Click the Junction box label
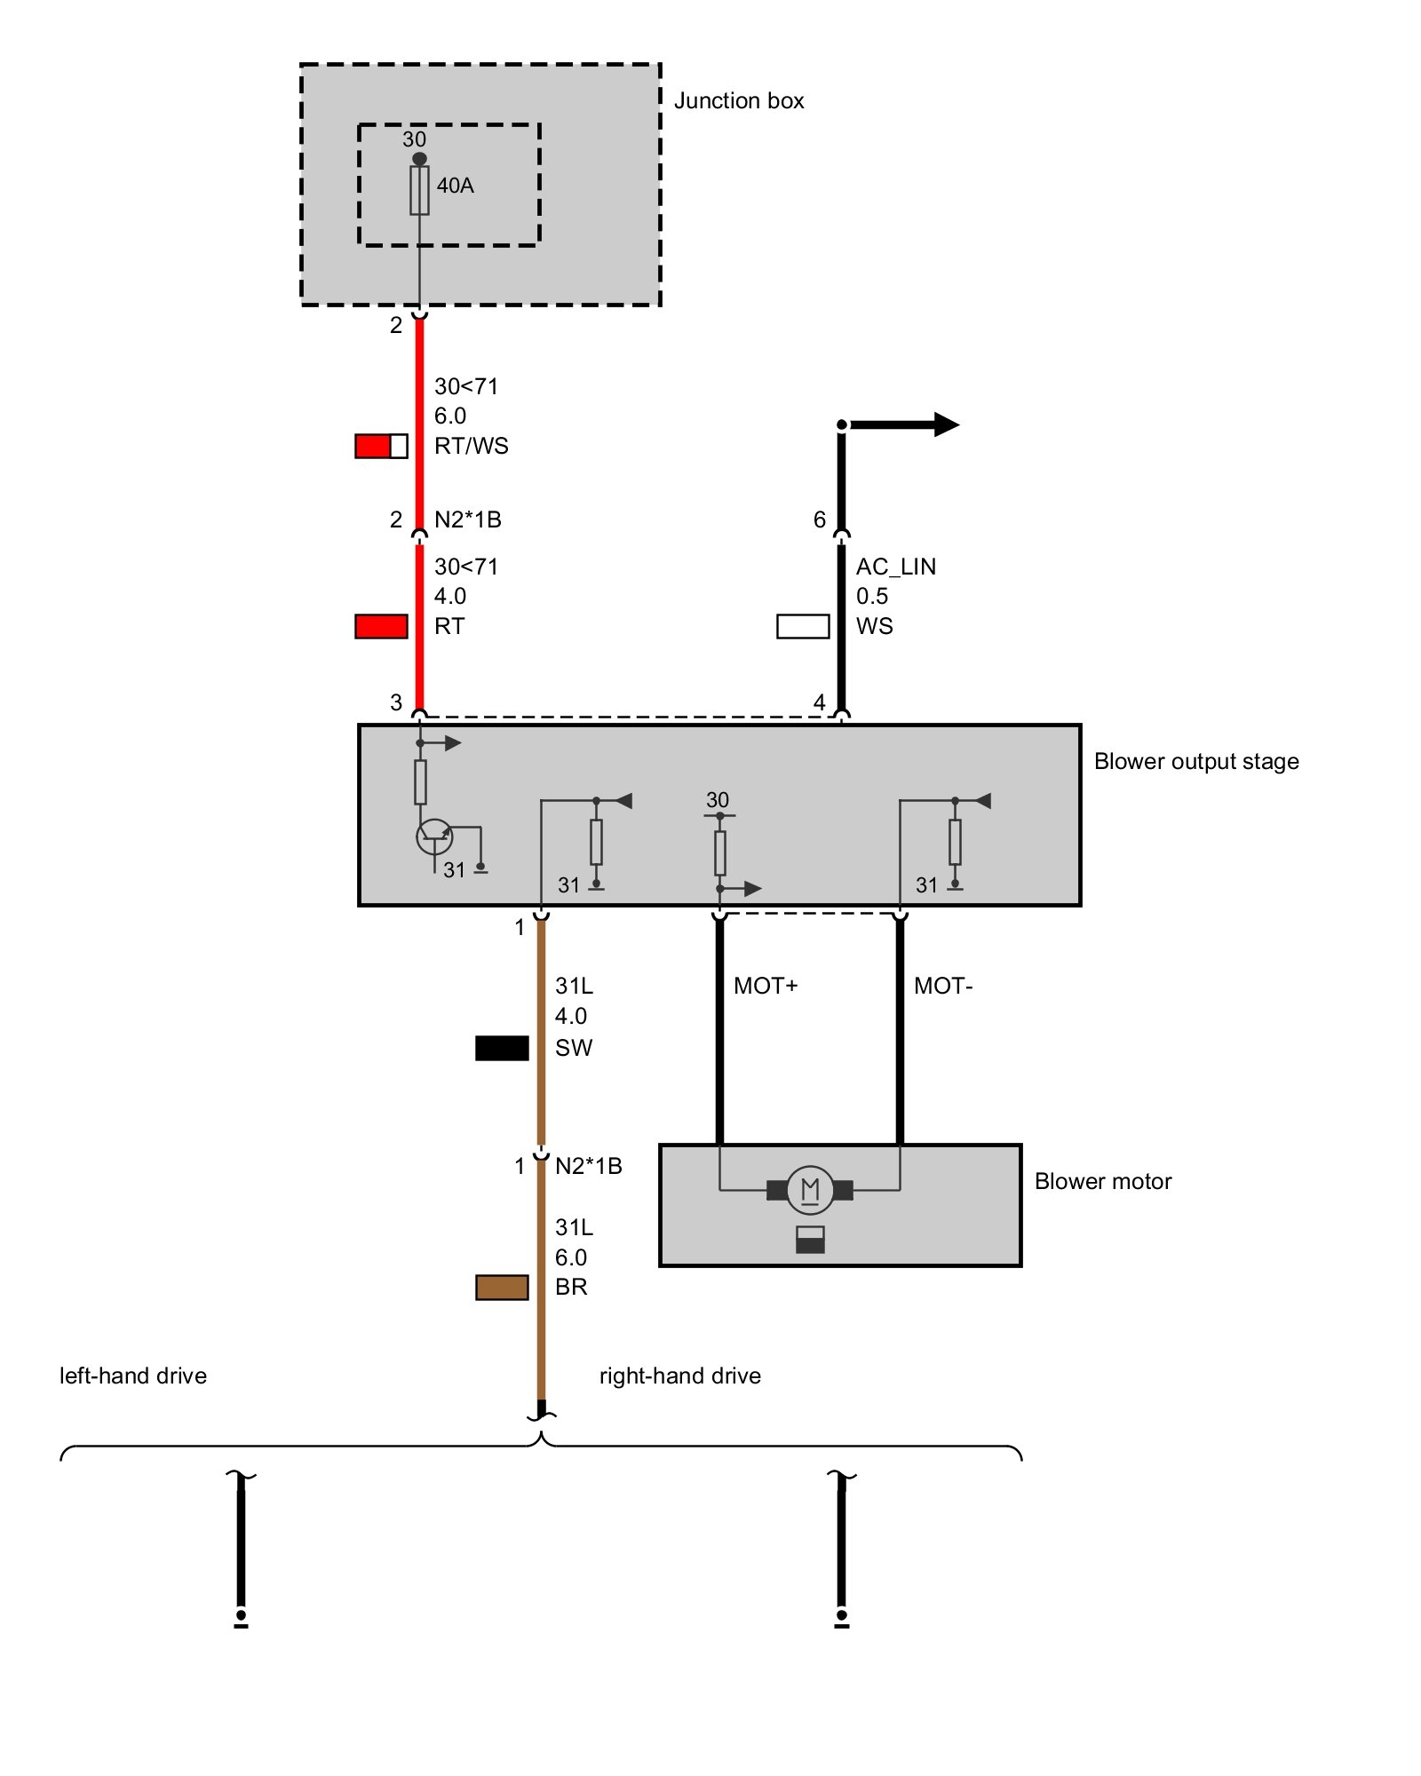pos(738,100)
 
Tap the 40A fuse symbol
pos(419,190)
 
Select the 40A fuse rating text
pos(455,186)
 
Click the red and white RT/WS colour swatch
pos(381,446)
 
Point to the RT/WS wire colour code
pos(471,446)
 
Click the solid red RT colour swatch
pos(381,626)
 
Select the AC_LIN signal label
pos(895,567)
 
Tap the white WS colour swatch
pos(803,626)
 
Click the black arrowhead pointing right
pos(947,424)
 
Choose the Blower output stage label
pos(1195,761)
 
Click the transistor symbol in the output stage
pos(434,836)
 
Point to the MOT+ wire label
pos(766,986)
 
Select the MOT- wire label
pos(943,986)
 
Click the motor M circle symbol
pos(810,1189)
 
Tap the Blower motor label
pos(1102,1181)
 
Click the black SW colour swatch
pos(502,1048)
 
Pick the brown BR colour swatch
pos(502,1287)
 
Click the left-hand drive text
pos(133,1376)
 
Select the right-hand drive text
pos(679,1376)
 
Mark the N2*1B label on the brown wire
pos(588,1166)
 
